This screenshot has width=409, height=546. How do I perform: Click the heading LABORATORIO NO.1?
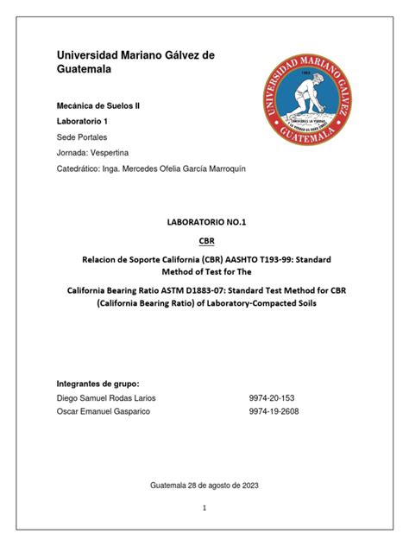[x=204, y=222]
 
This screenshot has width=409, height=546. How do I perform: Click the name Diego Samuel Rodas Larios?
[x=106, y=397]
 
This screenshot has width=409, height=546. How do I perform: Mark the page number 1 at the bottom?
[x=204, y=509]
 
